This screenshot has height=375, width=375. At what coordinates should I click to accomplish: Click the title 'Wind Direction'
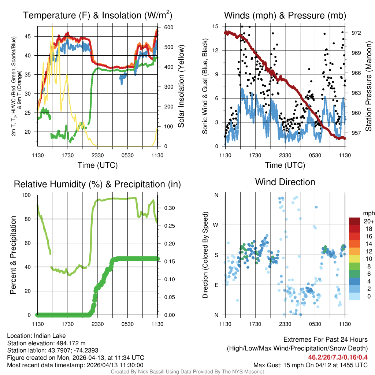click(x=285, y=182)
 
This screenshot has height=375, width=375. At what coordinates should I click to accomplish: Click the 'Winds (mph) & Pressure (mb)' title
click(x=285, y=15)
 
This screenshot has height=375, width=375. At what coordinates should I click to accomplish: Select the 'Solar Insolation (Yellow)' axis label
click(x=181, y=86)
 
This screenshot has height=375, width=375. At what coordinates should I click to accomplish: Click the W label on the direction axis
click(x=216, y=225)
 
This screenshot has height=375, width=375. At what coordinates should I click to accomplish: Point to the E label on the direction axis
click(x=216, y=285)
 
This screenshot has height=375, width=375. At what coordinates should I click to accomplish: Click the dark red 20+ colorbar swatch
click(x=355, y=221)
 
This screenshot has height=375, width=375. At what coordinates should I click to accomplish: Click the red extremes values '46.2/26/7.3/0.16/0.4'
click(x=338, y=357)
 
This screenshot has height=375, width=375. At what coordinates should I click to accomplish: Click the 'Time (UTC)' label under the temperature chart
click(x=97, y=165)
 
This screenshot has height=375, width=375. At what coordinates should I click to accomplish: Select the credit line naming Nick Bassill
click(x=187, y=372)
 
